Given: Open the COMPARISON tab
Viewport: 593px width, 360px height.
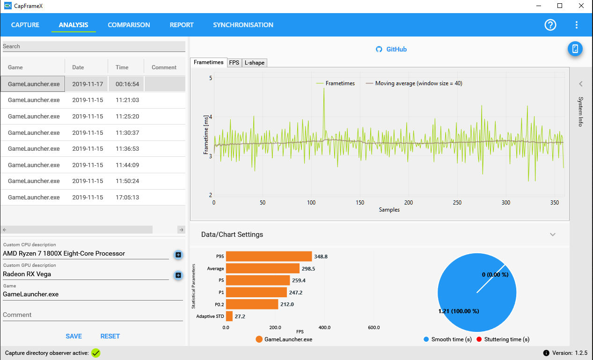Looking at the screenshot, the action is click(x=129, y=25).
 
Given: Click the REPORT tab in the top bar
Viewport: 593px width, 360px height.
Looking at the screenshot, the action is click(x=182, y=25).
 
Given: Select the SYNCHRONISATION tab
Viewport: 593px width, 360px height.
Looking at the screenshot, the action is click(x=243, y=25).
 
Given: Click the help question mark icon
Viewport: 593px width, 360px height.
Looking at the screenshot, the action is click(x=550, y=25).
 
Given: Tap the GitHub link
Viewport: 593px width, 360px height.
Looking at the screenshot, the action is click(x=391, y=49).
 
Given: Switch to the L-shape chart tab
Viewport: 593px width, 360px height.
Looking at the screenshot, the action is click(x=255, y=63).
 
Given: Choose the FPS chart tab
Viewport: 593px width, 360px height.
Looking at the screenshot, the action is click(x=234, y=63).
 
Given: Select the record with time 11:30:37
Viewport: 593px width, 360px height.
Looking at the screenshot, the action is click(x=93, y=132).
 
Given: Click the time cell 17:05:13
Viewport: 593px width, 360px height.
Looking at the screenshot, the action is click(x=127, y=197).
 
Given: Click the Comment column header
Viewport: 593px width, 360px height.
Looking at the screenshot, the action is click(x=164, y=67).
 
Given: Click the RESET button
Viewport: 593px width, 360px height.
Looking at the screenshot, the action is click(x=110, y=336).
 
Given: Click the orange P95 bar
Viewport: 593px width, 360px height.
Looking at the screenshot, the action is click(x=269, y=256).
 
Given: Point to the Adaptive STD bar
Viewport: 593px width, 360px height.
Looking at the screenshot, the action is click(x=229, y=316).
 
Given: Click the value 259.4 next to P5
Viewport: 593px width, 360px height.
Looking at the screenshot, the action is click(x=299, y=280).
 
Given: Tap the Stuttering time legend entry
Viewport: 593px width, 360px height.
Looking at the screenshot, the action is click(x=503, y=339).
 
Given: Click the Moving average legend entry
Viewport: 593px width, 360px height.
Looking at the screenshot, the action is click(x=414, y=83).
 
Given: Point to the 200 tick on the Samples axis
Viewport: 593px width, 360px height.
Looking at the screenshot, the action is click(x=409, y=203).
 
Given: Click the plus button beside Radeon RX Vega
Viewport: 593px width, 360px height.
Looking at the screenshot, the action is click(x=178, y=275).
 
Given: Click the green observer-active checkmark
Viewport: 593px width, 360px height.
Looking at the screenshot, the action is click(x=95, y=353).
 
